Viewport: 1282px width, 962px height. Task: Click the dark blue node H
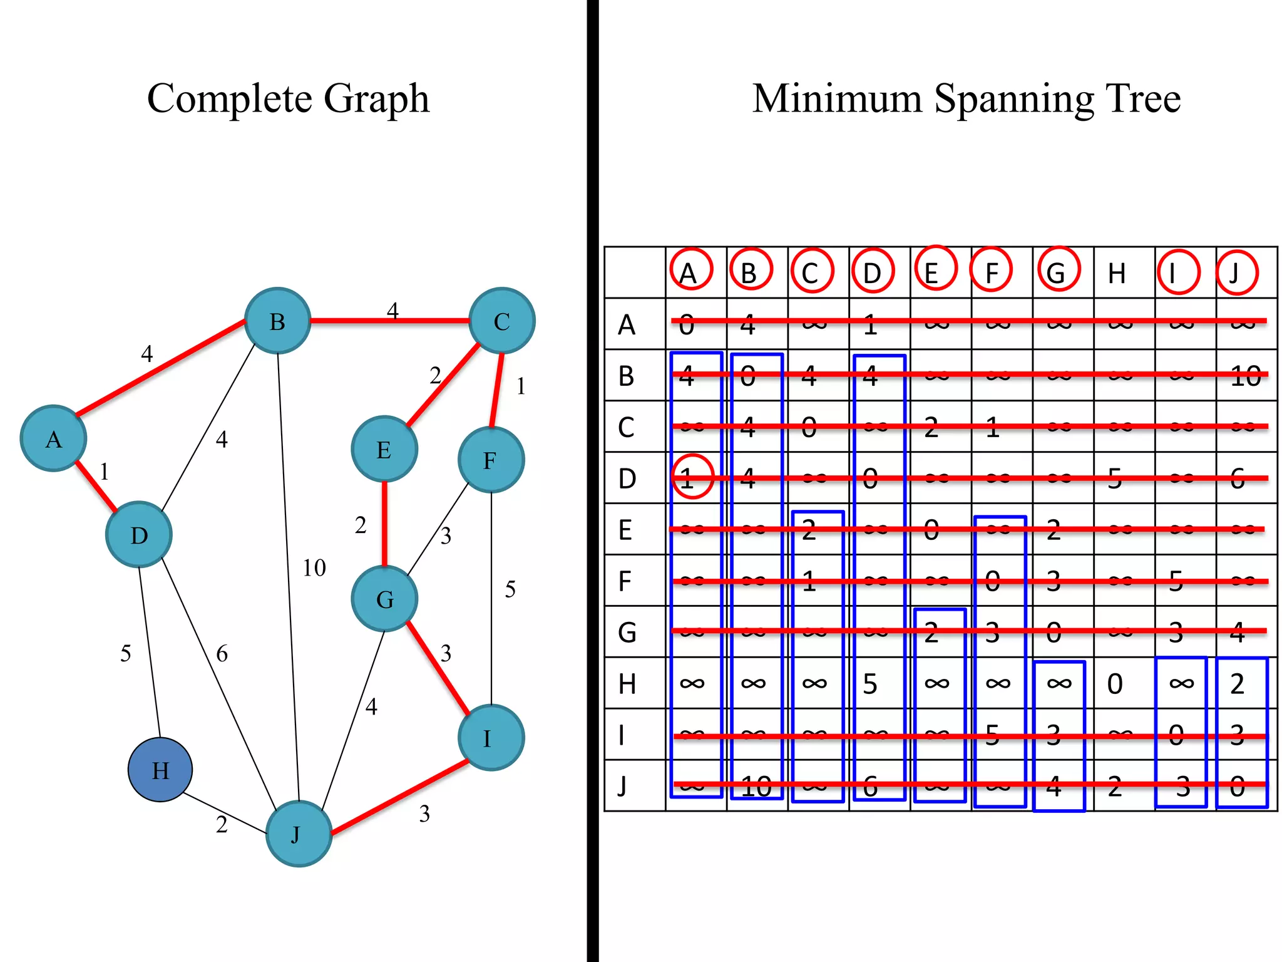point(160,770)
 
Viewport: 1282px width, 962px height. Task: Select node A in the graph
point(53,438)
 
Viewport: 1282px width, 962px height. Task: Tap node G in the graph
point(384,599)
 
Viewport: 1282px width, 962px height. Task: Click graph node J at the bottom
point(299,834)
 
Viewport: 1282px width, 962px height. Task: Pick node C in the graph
point(501,321)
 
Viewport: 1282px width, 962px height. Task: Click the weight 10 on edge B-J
point(314,568)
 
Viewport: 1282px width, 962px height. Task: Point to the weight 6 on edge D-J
point(222,654)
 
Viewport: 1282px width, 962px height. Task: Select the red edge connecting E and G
point(384,523)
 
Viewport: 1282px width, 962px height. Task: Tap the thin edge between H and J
point(225,814)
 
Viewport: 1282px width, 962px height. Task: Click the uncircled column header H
point(1117,274)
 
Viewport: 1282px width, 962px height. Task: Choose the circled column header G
point(1057,272)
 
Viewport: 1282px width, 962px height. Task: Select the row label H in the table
point(627,684)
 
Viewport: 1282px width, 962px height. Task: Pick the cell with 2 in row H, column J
point(1238,684)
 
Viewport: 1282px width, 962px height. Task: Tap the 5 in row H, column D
point(870,684)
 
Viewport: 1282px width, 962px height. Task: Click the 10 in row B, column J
point(1244,376)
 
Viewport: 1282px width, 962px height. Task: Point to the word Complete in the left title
point(229,98)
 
